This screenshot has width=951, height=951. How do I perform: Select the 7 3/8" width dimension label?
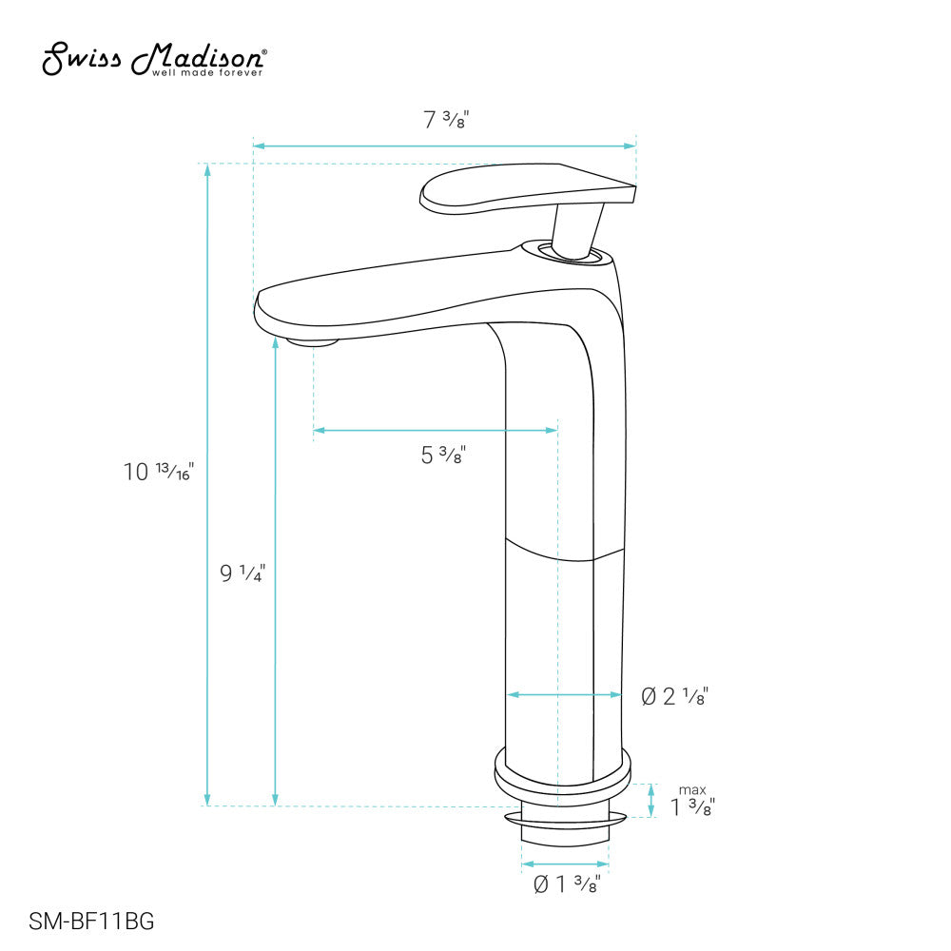click(446, 121)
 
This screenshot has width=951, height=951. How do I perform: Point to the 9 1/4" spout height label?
click(243, 573)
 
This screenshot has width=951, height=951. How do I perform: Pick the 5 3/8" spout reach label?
click(442, 456)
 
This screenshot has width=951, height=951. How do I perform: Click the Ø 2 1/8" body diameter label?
click(675, 697)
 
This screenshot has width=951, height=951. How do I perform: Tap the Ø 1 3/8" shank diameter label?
click(566, 884)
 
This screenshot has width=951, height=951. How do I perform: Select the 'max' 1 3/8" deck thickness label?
click(692, 805)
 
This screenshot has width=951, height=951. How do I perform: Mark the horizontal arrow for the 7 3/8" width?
click(444, 146)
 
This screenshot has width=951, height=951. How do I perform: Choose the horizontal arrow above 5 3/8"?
click(435, 431)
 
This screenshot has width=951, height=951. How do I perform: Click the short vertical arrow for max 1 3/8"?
click(651, 801)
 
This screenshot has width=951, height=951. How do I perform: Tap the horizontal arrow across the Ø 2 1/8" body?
click(563, 695)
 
